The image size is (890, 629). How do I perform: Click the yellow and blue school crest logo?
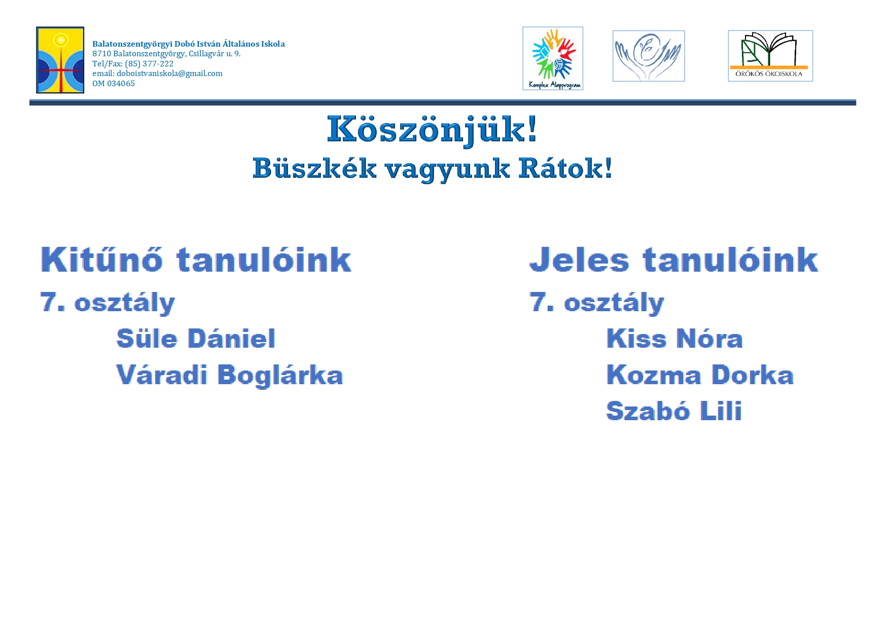(x=60, y=60)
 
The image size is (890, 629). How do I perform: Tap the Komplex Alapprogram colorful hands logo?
(x=553, y=58)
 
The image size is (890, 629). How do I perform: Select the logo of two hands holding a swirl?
(x=649, y=56)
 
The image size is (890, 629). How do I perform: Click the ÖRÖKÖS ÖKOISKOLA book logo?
(x=770, y=56)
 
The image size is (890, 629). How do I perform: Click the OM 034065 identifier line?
(x=114, y=84)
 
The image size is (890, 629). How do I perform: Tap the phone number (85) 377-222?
(x=149, y=64)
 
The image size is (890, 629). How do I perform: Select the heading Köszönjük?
(x=432, y=130)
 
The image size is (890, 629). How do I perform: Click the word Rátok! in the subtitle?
(x=565, y=168)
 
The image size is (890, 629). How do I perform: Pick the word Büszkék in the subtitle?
(x=314, y=168)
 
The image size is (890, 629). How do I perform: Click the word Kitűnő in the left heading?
(x=101, y=260)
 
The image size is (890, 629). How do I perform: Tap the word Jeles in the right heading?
(x=579, y=260)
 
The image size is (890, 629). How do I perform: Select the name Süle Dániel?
(x=196, y=339)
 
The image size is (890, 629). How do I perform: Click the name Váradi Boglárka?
(x=230, y=375)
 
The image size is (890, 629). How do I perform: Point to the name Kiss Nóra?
(x=674, y=339)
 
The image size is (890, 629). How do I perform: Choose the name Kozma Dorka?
(x=700, y=375)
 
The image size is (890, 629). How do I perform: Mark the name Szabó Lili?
(x=674, y=411)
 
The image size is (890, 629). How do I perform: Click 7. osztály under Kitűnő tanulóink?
(x=108, y=303)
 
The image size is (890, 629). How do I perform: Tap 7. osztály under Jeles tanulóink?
(x=597, y=303)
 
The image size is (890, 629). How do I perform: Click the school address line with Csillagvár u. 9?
(x=166, y=54)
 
